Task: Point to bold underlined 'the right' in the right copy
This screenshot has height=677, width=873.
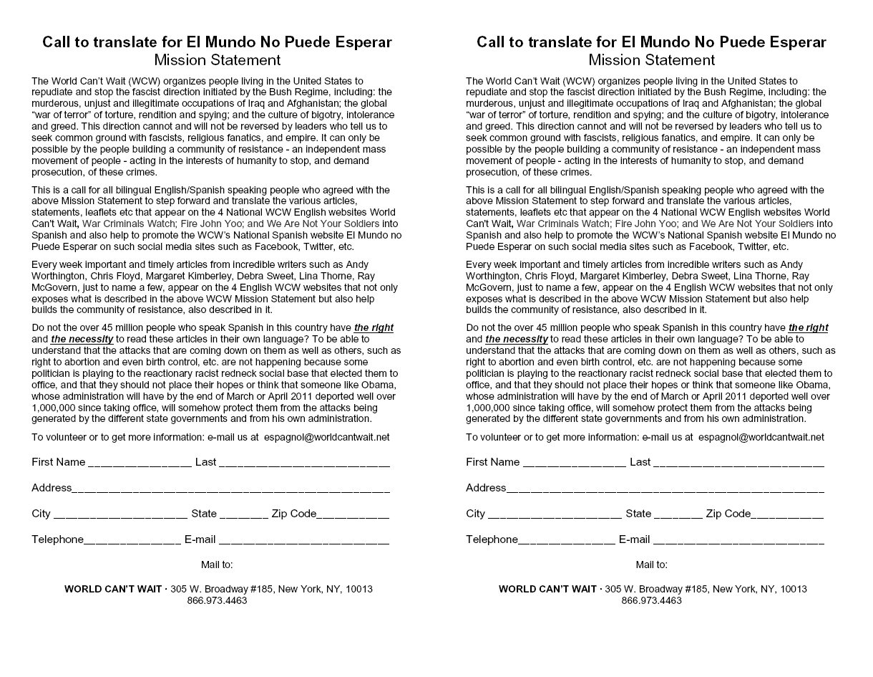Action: click(808, 327)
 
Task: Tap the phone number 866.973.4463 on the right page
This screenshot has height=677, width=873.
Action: click(651, 600)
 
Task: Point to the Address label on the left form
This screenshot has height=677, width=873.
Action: click(52, 488)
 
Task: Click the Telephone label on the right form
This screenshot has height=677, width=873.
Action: click(492, 539)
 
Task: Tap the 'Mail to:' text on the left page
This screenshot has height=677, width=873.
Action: click(217, 565)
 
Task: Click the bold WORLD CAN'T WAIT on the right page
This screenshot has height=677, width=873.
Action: click(547, 589)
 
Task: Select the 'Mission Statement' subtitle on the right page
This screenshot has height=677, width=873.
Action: click(651, 60)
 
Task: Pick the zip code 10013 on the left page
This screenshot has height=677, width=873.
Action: click(359, 589)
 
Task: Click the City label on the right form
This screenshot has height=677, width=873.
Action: click(475, 514)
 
